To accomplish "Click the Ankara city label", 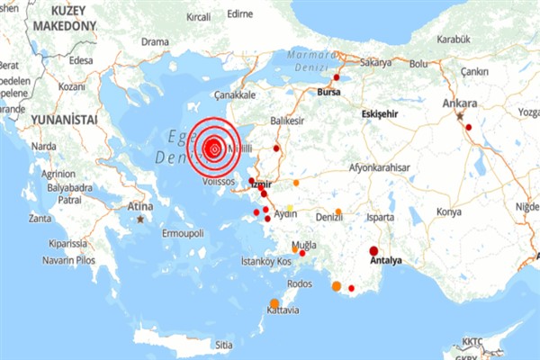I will (x=460, y=104).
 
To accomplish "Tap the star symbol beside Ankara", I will (x=460, y=116).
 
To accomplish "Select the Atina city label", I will (x=139, y=205).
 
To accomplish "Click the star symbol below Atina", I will (x=140, y=218).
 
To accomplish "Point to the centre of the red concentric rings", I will (x=214, y=148).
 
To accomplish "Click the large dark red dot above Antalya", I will (x=373, y=250).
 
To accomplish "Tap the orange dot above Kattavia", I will (x=274, y=303).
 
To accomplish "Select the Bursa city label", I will (x=331, y=92).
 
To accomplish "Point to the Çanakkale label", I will (x=236, y=94).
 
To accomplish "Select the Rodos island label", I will (x=299, y=283).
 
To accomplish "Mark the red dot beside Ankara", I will (x=468, y=127).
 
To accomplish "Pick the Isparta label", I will (x=381, y=217).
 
